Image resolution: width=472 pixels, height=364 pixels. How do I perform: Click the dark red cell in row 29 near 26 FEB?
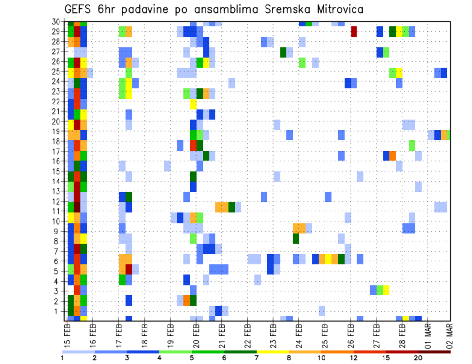point(354,32)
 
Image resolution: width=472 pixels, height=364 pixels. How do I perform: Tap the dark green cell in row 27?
point(283,52)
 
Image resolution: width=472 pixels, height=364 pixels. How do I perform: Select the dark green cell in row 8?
point(295,238)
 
